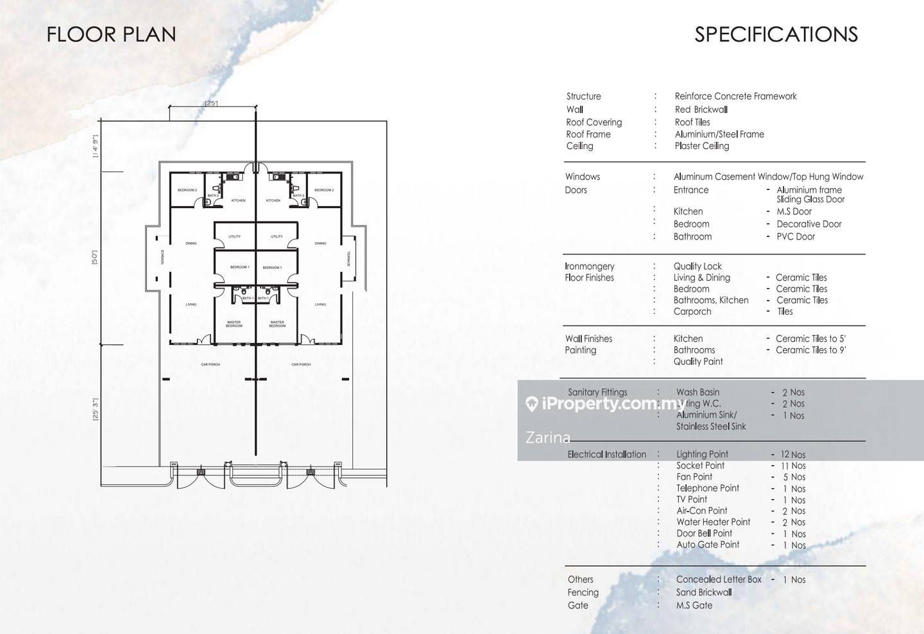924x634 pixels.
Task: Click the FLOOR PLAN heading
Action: click(x=111, y=34)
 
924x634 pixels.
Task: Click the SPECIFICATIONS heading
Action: click(x=776, y=34)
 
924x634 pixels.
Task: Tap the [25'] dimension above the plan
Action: click(x=211, y=103)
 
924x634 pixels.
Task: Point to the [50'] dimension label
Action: click(x=95, y=258)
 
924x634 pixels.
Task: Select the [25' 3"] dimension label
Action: click(x=95, y=409)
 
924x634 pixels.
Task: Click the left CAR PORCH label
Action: click(x=210, y=364)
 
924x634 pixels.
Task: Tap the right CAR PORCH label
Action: click(x=301, y=364)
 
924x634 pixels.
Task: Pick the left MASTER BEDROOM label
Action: click(x=234, y=324)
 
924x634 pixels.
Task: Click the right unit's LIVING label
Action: click(x=320, y=304)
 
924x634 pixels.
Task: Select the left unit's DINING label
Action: click(x=191, y=243)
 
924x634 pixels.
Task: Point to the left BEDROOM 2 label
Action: click(x=187, y=190)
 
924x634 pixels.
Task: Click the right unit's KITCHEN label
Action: click(x=273, y=200)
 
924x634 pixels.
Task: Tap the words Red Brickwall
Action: click(x=701, y=110)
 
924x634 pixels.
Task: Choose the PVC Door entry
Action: click(x=796, y=236)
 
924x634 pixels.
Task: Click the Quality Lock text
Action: click(x=697, y=266)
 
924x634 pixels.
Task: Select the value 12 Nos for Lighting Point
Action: click(x=793, y=455)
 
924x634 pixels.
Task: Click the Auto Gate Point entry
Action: click(x=708, y=545)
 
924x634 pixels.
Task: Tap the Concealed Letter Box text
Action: click(x=719, y=579)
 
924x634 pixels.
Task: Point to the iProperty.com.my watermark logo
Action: click(x=605, y=403)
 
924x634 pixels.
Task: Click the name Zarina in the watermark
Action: click(x=548, y=437)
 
